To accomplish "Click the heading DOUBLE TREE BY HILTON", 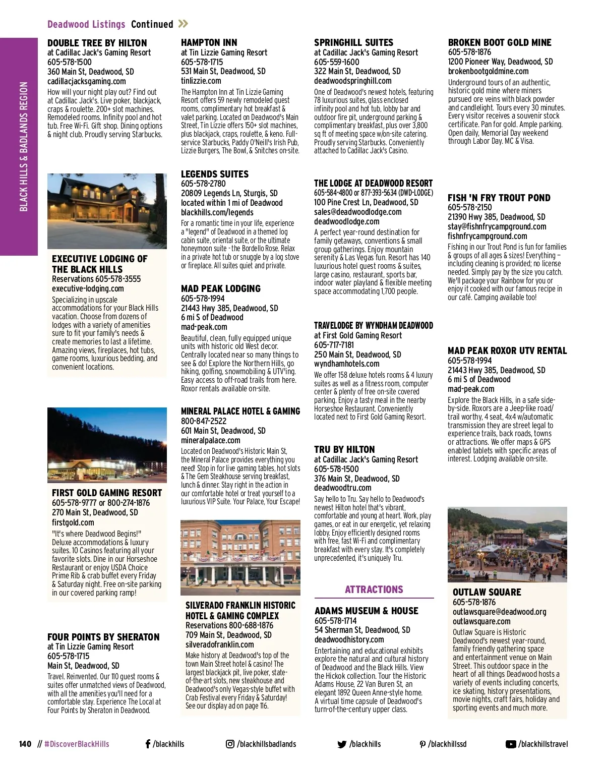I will pyautogui.click(x=97, y=43).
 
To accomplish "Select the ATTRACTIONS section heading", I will pyautogui.click(x=374, y=590).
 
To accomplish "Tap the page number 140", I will pyautogui.click(x=25, y=744).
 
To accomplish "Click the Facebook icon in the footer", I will pyautogui.click(x=148, y=744).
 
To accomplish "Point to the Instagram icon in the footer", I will pyautogui.click(x=230, y=744).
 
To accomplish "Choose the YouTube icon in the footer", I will pyautogui.click(x=511, y=744).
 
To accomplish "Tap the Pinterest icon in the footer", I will pyautogui.click(x=422, y=744).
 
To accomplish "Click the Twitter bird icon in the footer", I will pyautogui.click(x=342, y=744).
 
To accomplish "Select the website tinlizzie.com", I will pyautogui.click(x=201, y=81).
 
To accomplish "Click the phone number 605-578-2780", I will pyautogui.click(x=203, y=184).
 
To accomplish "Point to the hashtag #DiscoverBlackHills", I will pyautogui.click(x=77, y=744).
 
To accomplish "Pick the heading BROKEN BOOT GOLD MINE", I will pyautogui.click(x=500, y=43).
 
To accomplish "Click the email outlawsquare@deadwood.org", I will pyautogui.click(x=499, y=612).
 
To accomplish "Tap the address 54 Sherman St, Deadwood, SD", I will pyautogui.click(x=362, y=630).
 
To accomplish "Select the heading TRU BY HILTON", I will pyautogui.click(x=344, y=449).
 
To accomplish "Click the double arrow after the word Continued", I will pyautogui.click(x=183, y=24).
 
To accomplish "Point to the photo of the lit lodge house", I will pyautogui.click(x=107, y=211).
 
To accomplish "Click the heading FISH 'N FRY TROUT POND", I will pyautogui.click(x=499, y=198).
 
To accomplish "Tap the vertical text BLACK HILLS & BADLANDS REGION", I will pyautogui.click(x=24, y=146).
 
